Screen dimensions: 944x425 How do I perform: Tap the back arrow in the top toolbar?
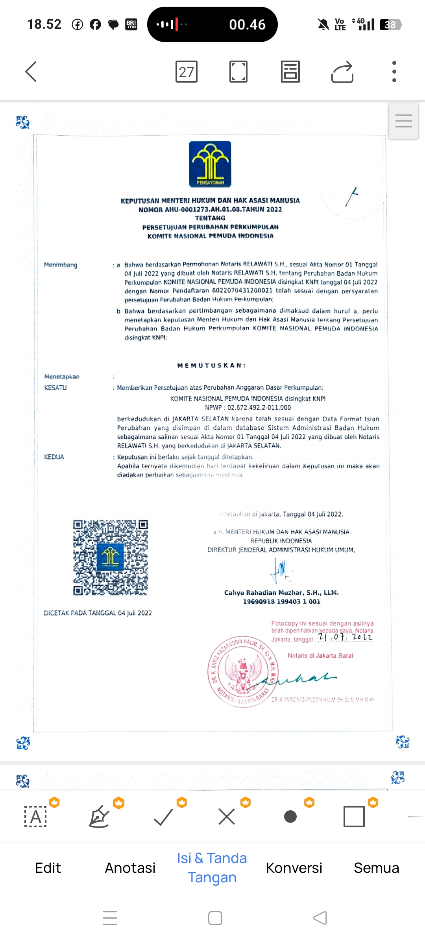point(31,72)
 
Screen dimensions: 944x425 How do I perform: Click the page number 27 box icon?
point(186,72)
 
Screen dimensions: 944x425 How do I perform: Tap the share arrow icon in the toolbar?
point(342,72)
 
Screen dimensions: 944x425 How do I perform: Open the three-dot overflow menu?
point(394,72)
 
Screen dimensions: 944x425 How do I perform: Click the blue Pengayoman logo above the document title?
point(210,164)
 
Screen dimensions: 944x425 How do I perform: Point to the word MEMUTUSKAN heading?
point(211,365)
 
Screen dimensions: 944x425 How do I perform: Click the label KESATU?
point(55,387)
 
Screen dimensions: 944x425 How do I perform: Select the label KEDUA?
point(54,457)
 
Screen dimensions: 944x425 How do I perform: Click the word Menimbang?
point(61,265)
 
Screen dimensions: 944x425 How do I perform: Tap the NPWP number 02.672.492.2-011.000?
point(259,407)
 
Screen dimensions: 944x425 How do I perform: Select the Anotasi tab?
point(130,868)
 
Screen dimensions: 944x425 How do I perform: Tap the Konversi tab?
point(294,868)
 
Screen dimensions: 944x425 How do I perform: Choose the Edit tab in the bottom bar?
point(48,868)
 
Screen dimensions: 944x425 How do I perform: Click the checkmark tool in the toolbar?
point(163,817)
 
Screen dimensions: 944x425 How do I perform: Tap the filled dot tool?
point(290,817)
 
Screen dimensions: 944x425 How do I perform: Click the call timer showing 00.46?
point(247,24)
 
